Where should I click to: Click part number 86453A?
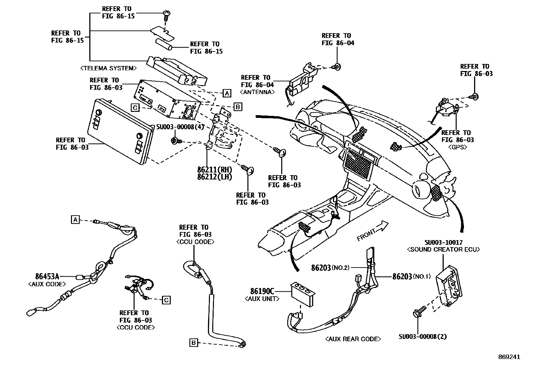[x=47, y=277]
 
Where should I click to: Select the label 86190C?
[x=262, y=291]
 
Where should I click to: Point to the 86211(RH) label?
[x=214, y=170]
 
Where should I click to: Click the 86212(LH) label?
[x=214, y=177]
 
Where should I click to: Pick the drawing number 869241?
[x=509, y=357]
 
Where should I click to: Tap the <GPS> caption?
[x=457, y=147]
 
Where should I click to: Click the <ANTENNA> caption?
[x=257, y=92]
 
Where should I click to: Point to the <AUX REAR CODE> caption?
[x=353, y=339]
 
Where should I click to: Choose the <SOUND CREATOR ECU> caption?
[x=443, y=249]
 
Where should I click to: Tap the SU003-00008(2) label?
[x=423, y=337]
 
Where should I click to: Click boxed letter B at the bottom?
[x=194, y=343]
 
